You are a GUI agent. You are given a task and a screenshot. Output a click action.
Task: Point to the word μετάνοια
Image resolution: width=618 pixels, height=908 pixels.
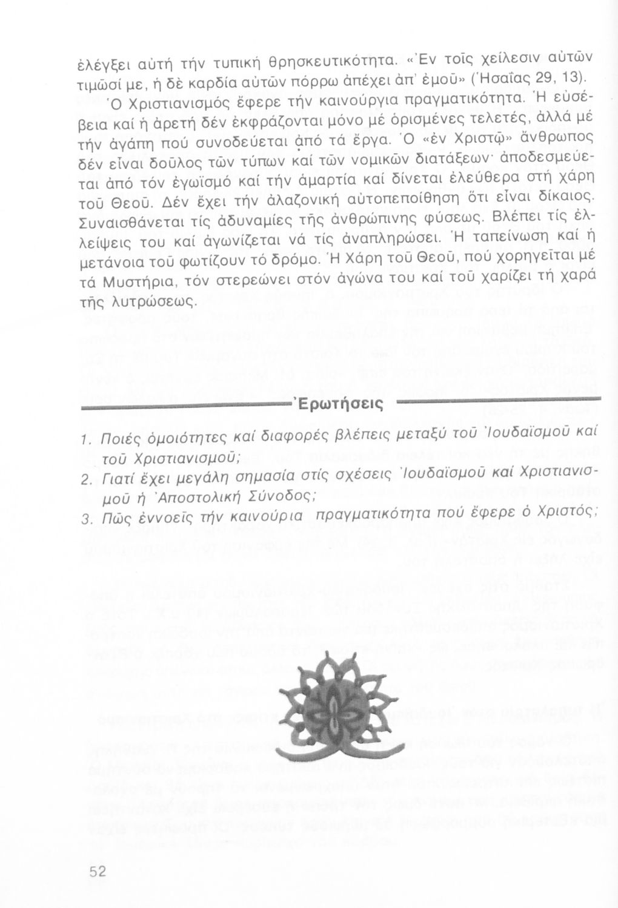click(115, 265)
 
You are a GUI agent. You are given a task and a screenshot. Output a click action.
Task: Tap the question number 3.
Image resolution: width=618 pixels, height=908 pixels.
click(85, 519)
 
